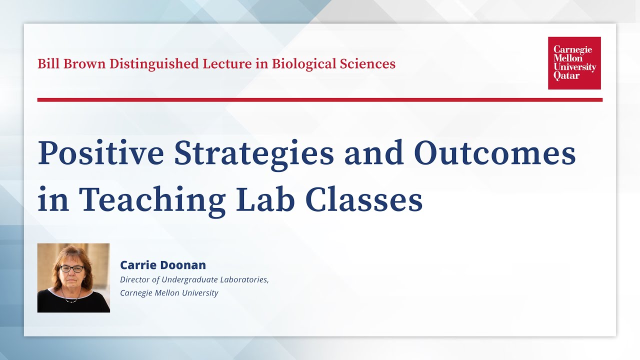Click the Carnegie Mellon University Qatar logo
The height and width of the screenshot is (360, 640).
(574, 63)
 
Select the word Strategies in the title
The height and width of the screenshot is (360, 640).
(253, 154)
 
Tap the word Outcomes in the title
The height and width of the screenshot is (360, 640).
(495, 153)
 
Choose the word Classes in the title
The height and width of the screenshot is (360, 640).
(363, 199)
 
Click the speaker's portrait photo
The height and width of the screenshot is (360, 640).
(73, 278)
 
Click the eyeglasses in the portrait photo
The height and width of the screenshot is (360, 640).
(72, 269)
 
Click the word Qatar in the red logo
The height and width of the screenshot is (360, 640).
(566, 76)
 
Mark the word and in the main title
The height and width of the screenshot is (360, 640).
(373, 153)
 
